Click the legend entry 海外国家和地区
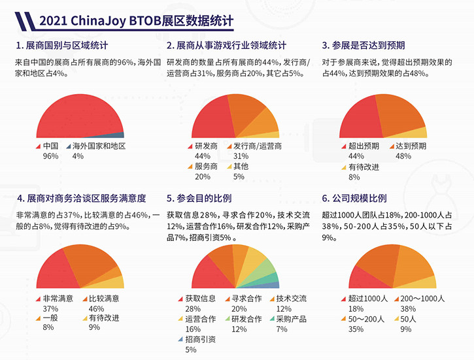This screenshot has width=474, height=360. tap(98, 146)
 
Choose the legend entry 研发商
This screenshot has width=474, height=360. tap(206, 146)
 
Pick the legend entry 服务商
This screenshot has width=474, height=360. tap(206, 166)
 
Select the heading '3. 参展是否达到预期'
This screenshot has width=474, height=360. tap(364, 46)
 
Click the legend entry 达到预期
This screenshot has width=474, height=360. tap(411, 146)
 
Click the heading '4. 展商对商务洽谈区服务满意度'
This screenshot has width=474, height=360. tap(81, 198)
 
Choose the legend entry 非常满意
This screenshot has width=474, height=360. tap(58, 299)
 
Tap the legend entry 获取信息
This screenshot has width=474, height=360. tap(201, 299)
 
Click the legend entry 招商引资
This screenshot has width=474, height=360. tap(201, 340)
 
